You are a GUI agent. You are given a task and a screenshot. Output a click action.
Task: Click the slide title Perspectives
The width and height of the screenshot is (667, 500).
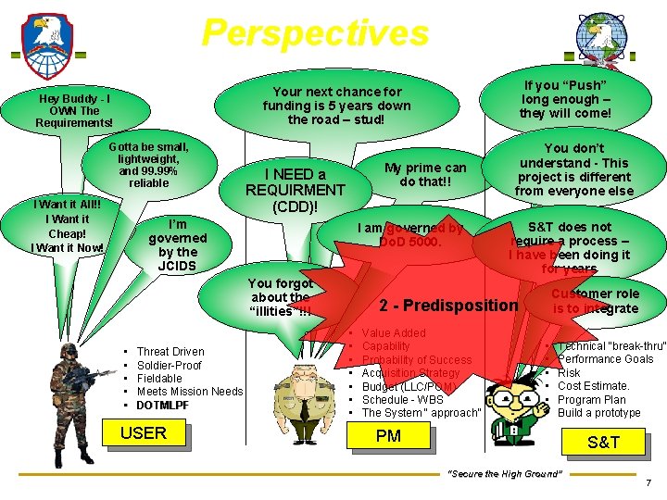point(315,33)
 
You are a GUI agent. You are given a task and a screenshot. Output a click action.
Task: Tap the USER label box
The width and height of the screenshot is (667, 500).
point(144,433)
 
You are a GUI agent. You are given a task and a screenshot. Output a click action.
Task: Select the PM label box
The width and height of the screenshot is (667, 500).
point(389,435)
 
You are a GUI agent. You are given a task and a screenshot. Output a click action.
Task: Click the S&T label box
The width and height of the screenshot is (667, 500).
point(603,443)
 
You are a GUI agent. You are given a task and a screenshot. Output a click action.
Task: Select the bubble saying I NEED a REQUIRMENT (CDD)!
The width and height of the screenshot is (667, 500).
point(295,190)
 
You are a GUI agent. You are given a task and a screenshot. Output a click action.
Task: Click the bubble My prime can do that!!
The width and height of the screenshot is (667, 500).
point(425,174)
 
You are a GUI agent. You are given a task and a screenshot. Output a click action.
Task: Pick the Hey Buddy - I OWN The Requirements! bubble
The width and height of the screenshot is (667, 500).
point(74,110)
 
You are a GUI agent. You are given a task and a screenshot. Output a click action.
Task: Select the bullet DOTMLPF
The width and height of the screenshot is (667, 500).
point(162,406)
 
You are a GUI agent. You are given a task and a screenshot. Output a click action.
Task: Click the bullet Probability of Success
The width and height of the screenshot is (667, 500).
point(417,360)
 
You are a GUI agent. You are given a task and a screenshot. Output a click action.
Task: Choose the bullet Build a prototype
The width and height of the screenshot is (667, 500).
point(598,413)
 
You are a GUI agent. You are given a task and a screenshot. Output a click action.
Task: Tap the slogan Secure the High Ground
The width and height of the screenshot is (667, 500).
point(505,474)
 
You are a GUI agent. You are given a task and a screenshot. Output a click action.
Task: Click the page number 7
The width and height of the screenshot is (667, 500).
point(648,483)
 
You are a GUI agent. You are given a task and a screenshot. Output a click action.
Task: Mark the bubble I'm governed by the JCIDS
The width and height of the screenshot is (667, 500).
point(177,245)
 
